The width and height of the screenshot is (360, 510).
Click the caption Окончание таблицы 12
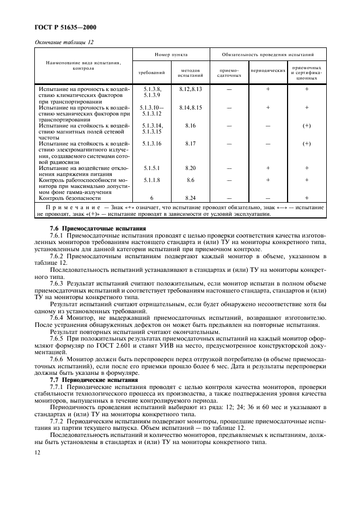coord(59,41)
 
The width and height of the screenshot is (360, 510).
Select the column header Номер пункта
coord(171,55)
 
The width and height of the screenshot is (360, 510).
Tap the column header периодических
coord(268,71)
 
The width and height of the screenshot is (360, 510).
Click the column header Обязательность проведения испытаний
coord(268,55)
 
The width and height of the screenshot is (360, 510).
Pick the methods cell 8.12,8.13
coord(190,88)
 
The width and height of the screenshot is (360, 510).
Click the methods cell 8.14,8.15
coord(190,108)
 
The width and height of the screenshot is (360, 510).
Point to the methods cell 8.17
coord(190,144)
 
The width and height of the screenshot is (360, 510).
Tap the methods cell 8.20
coord(190,168)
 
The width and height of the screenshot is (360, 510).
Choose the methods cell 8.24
coord(190,198)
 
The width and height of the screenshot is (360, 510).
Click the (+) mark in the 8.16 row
coord(307,126)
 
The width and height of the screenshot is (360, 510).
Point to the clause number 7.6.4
coord(57,317)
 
